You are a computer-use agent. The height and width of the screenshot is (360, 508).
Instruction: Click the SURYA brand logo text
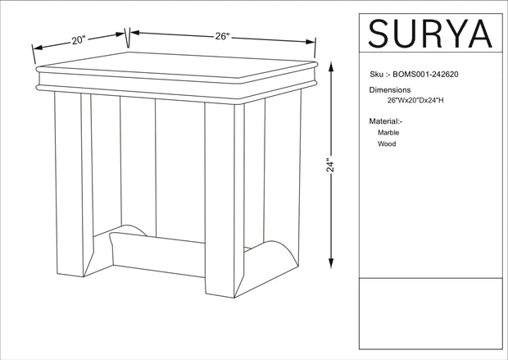tap(430, 33)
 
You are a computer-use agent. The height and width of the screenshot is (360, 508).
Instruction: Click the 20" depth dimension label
tap(79, 39)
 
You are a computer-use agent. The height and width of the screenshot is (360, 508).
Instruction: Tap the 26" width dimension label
tap(222, 36)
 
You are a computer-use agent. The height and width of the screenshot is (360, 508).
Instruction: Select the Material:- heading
tap(387, 121)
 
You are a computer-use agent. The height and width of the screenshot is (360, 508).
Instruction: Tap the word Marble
tap(389, 132)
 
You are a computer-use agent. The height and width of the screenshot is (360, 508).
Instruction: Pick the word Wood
tap(387, 144)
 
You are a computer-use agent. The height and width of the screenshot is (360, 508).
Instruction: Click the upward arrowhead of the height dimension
tap(330, 64)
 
